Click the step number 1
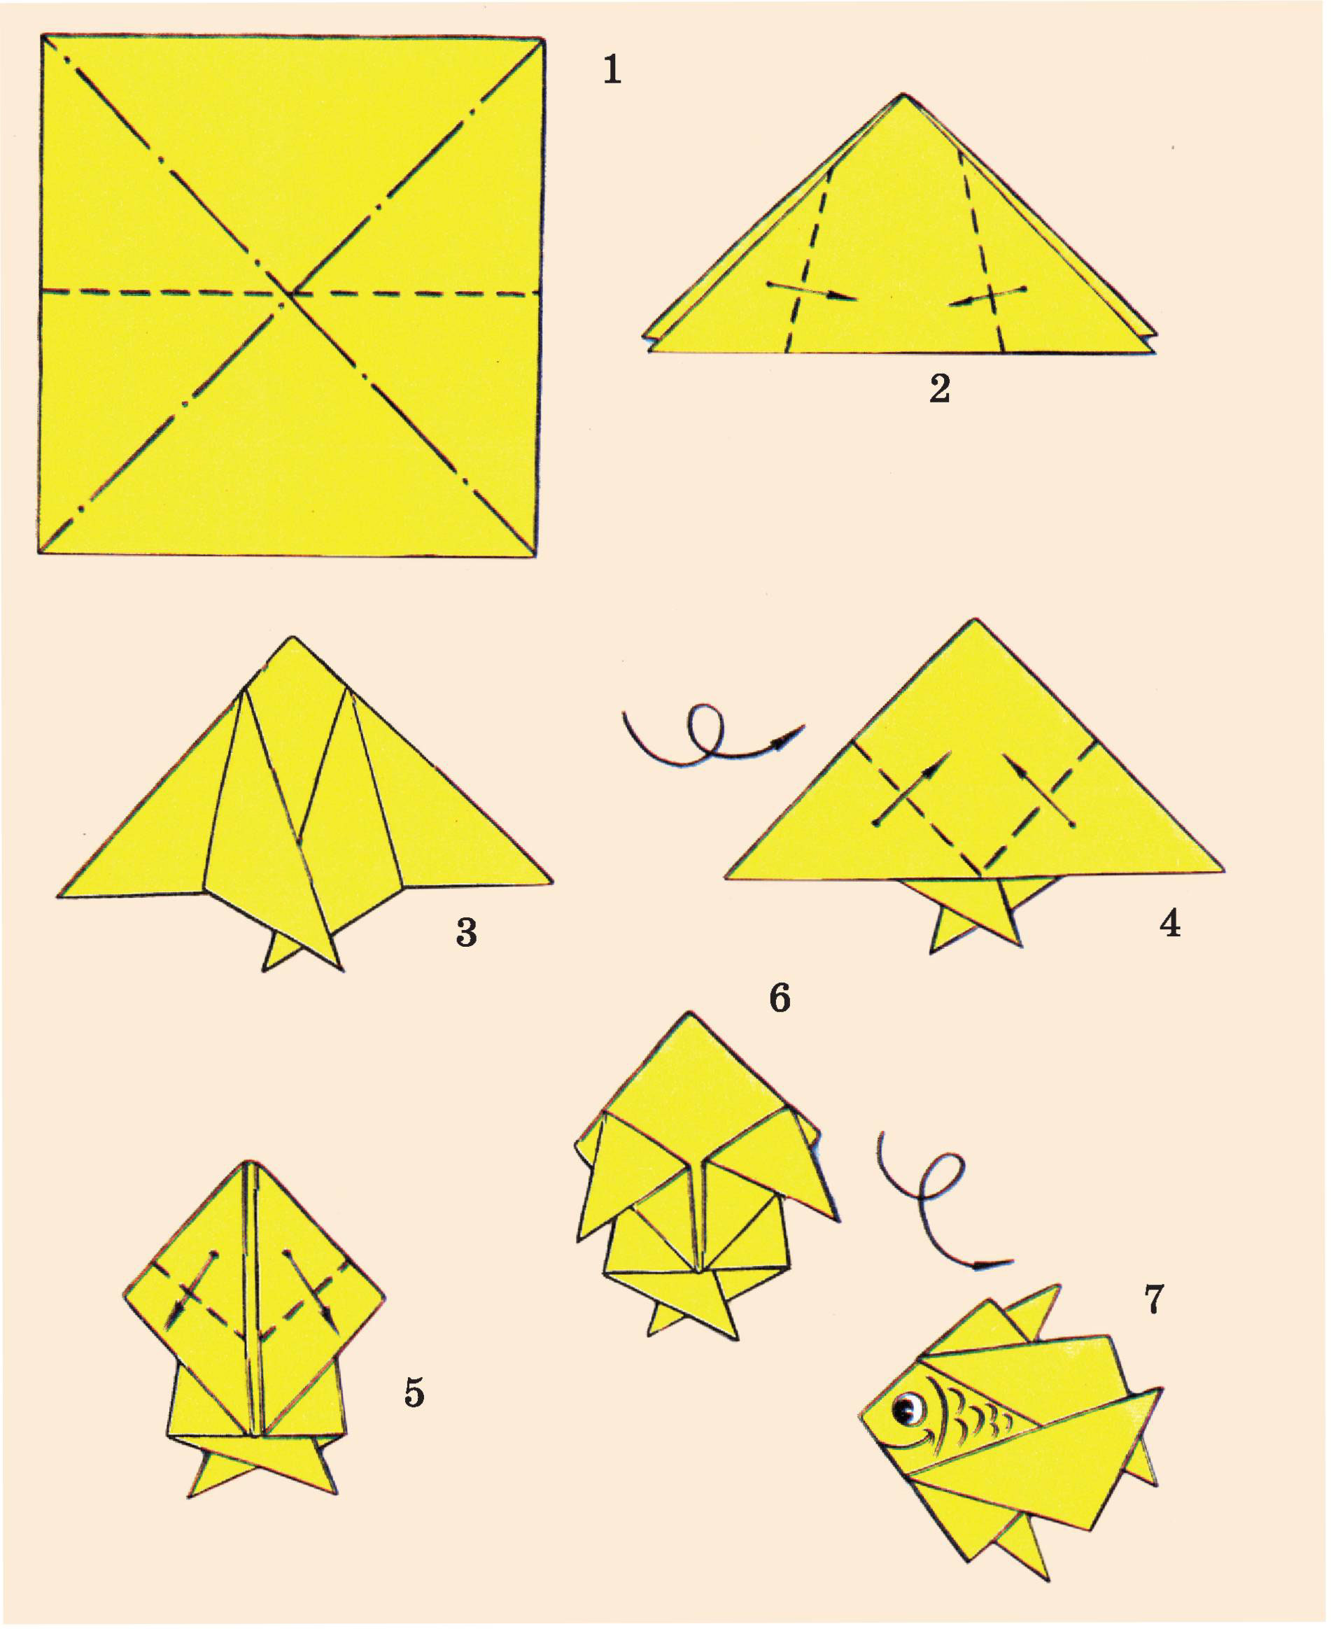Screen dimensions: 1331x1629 tap(612, 70)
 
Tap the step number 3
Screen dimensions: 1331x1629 tap(466, 932)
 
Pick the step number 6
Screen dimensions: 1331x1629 tap(779, 998)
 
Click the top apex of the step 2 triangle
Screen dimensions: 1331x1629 tap(905, 94)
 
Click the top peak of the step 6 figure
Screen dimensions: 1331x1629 tap(690, 1013)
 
